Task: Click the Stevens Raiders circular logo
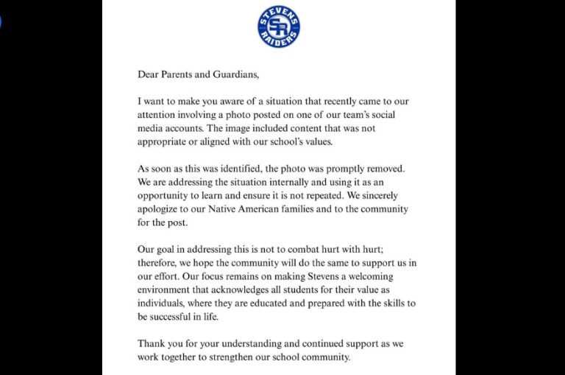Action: tap(279, 27)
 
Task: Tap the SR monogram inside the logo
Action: tap(279, 27)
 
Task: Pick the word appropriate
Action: tap(163, 141)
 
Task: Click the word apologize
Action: tap(161, 209)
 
